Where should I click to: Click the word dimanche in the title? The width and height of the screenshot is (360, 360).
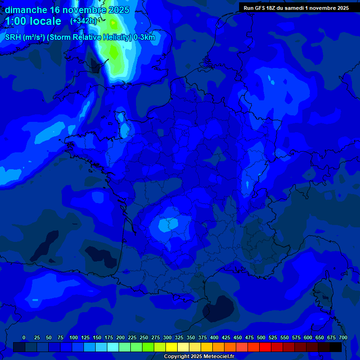point(26,10)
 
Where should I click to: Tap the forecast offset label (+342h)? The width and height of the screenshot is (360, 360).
point(83,21)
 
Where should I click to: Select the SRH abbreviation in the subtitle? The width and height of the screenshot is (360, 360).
point(13,37)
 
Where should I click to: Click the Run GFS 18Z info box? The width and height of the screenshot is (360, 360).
point(296,7)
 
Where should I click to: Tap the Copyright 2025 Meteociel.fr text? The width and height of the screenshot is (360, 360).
point(199,357)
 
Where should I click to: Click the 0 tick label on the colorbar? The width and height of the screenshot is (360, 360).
point(24,337)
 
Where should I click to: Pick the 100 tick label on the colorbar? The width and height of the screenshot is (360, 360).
point(74,337)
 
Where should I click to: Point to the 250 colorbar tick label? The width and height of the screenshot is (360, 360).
point(144,337)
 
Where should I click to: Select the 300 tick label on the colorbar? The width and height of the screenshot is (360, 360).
point(167,337)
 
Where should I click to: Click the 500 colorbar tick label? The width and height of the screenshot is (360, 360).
point(261,337)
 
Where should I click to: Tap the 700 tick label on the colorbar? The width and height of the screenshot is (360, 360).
point(343,337)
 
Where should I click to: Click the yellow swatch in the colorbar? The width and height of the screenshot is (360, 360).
point(172,347)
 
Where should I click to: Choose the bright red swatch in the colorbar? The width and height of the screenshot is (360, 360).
point(265,347)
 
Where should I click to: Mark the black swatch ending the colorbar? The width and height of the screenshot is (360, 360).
point(336,347)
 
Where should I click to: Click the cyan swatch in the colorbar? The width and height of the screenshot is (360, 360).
point(113,347)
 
